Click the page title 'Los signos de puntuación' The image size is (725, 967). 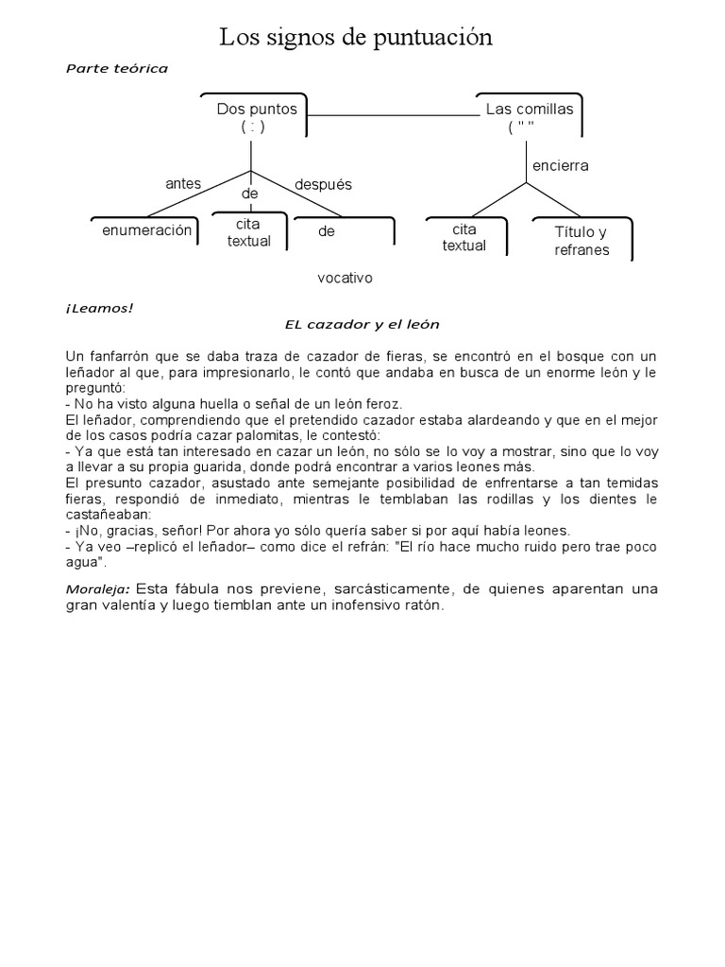click(x=356, y=38)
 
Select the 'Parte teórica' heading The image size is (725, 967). click(x=116, y=68)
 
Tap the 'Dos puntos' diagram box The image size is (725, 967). click(x=256, y=117)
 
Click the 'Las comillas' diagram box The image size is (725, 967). click(x=529, y=117)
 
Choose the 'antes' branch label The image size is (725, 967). click(x=183, y=183)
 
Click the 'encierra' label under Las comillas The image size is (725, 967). click(x=560, y=165)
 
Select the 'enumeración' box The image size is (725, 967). click(x=146, y=230)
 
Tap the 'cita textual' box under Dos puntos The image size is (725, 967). click(x=249, y=233)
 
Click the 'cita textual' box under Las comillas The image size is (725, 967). click(x=464, y=237)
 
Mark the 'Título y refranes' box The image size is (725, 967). click(x=582, y=241)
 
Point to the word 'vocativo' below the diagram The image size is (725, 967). click(x=346, y=278)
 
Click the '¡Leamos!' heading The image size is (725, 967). click(x=99, y=308)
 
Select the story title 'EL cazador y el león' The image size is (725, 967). click(x=362, y=324)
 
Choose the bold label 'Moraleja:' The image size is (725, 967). click(x=98, y=589)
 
